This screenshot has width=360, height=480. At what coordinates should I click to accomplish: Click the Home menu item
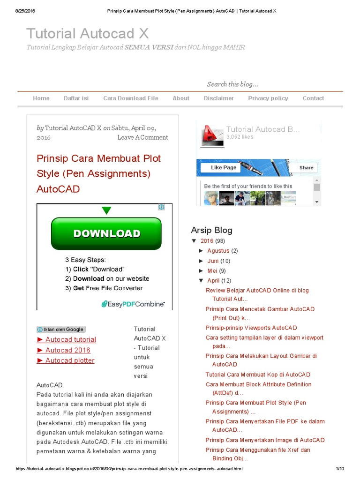click(x=41, y=98)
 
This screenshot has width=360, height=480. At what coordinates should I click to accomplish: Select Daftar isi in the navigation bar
click(x=76, y=98)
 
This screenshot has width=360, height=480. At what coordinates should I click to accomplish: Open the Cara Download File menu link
click(x=131, y=98)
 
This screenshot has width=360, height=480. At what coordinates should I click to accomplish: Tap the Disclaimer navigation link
click(x=218, y=98)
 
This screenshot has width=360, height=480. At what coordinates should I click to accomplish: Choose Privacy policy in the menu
click(x=268, y=98)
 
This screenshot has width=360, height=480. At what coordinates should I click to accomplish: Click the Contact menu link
click(x=313, y=98)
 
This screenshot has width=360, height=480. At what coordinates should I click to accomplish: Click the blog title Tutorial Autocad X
click(x=88, y=33)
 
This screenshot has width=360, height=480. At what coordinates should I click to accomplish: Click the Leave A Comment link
click(x=142, y=137)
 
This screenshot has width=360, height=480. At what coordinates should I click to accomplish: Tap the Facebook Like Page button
click(x=221, y=168)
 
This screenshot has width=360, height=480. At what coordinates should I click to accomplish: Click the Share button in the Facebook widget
click(x=306, y=168)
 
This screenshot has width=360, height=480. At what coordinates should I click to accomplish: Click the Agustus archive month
click(x=218, y=251)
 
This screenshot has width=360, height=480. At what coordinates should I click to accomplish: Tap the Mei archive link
click(x=212, y=271)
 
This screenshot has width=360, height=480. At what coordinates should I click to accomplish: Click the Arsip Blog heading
click(x=211, y=230)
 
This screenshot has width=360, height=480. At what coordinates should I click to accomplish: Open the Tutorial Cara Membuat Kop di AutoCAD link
click(x=258, y=375)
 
